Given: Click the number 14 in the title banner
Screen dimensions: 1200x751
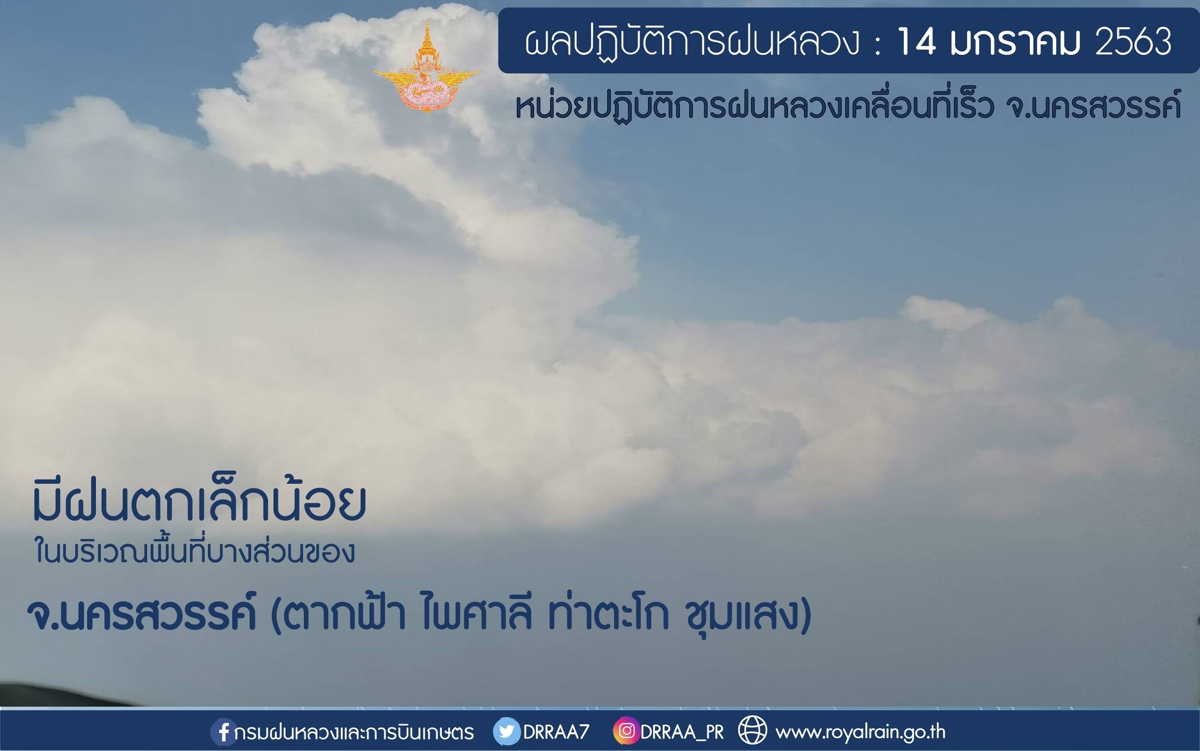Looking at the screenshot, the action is pos(917,42).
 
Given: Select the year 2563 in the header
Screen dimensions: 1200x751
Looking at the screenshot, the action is pos(1133,42).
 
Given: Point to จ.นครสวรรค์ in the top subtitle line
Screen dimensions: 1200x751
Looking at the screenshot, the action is pos(1093,105).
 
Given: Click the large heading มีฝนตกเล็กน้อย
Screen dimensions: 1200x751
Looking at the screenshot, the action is pos(200,500).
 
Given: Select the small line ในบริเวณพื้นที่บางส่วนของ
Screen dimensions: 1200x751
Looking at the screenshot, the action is pos(194,551).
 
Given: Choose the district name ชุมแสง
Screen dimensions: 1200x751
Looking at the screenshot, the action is pos(742,614).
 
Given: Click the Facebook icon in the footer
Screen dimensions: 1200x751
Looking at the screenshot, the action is pos(222,732).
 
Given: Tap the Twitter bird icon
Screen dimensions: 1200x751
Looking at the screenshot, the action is pos(507,731).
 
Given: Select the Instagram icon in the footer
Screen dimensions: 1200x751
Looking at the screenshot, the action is pos(626,731).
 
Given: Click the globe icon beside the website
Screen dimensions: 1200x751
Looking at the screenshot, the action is pos(752,731).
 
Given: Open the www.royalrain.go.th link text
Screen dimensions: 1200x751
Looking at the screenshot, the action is pos(860,731).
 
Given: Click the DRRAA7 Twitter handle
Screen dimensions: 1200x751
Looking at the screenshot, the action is pos(556,732).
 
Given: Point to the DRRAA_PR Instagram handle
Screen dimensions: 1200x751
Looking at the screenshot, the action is pos(682,732).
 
